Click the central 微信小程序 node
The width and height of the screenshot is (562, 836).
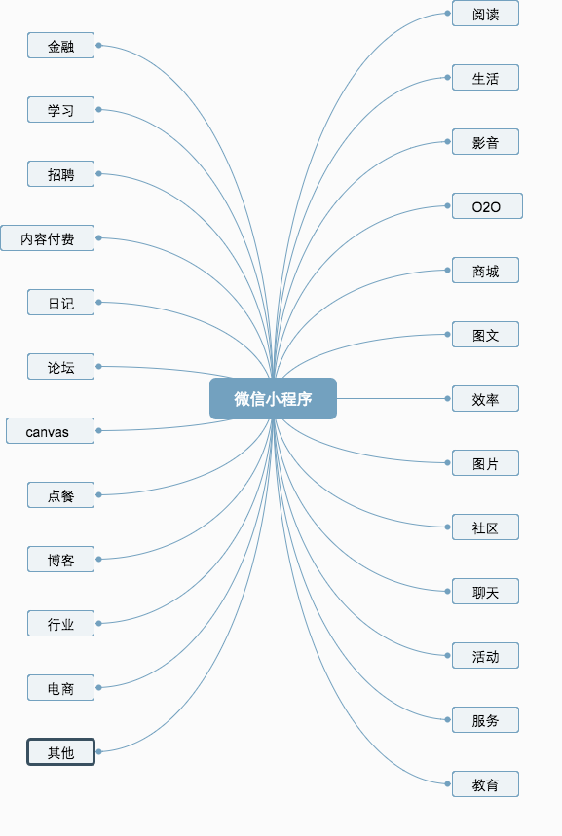click(x=273, y=398)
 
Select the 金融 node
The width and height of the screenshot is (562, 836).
click(x=60, y=46)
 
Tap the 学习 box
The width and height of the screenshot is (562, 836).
click(x=60, y=109)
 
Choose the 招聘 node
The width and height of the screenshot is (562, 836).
click(x=60, y=174)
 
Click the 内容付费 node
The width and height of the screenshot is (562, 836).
click(x=48, y=237)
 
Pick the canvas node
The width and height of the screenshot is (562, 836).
click(x=51, y=431)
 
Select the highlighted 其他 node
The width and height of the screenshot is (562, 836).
click(x=60, y=751)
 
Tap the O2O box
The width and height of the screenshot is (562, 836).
click(x=487, y=205)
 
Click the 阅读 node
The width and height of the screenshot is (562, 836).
click(x=486, y=14)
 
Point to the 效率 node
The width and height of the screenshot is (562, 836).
click(x=486, y=398)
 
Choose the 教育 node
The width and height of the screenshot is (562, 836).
click(x=486, y=783)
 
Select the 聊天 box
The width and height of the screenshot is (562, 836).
click(x=486, y=592)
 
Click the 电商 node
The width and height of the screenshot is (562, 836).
click(x=60, y=687)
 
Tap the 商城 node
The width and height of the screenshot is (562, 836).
click(x=486, y=270)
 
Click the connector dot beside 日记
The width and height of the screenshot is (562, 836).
click(x=98, y=303)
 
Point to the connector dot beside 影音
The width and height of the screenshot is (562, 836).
click(x=448, y=142)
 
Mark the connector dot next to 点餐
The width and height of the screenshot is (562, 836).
click(x=98, y=494)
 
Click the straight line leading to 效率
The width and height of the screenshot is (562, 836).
click(x=391, y=398)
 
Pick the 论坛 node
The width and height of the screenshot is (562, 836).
click(x=60, y=366)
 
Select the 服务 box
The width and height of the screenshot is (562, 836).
click(x=486, y=720)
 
